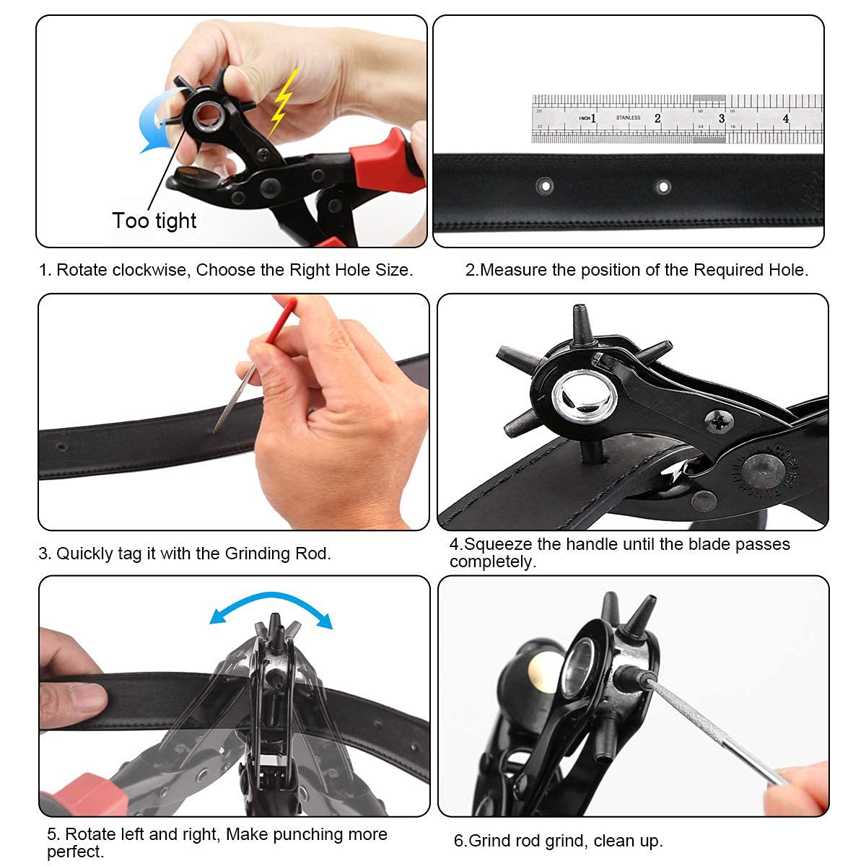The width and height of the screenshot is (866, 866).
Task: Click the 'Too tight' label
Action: coord(154,221)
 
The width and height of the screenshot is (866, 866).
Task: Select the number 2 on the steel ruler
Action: coord(657,118)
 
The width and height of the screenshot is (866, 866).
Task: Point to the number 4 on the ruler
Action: coord(786,118)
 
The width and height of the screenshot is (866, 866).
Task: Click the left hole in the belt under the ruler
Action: coord(545,187)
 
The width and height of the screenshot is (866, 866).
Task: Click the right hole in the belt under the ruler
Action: coord(662,187)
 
